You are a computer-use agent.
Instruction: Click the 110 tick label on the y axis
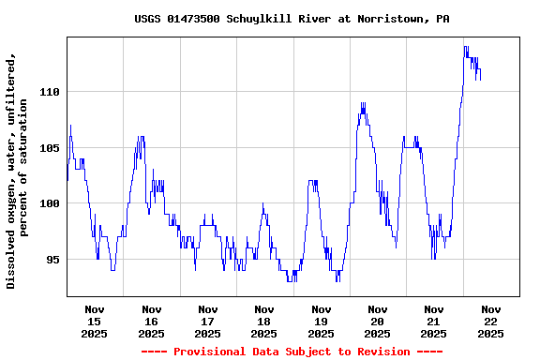49,92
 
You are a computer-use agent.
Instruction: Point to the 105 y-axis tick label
49,147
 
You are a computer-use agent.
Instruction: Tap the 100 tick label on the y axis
49,203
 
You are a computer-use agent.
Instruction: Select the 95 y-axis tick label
52,260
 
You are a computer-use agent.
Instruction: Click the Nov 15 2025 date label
95,321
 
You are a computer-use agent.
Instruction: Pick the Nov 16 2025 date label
151,321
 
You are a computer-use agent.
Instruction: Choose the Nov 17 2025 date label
208,321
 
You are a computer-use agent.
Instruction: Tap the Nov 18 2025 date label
264,321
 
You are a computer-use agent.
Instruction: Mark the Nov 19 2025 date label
321,321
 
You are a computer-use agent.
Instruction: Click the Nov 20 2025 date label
378,321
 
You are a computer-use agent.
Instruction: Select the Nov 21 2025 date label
434,321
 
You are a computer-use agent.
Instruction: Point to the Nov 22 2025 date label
490,321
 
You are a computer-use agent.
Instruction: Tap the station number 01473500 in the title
194,19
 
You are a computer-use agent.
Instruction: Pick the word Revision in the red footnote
383,352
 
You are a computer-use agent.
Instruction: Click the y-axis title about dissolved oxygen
18,171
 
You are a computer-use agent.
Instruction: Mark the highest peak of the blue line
465,47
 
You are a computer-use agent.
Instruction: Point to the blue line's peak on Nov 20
363,104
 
